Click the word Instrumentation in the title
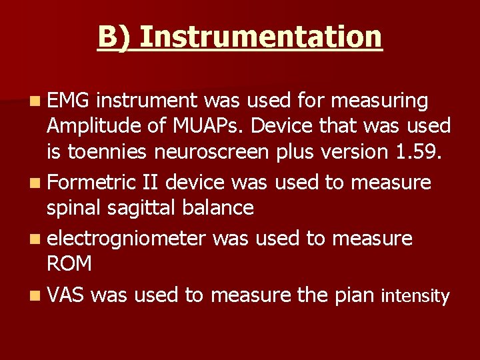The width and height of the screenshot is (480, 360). point(261,37)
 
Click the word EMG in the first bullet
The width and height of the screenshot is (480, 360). point(69,101)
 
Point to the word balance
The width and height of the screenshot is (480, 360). point(221,208)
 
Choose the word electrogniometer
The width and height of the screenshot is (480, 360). point(126,237)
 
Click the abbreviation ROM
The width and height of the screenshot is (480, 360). point(69,264)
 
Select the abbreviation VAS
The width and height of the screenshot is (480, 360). point(65,295)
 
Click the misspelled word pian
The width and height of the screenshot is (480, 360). point(353,295)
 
